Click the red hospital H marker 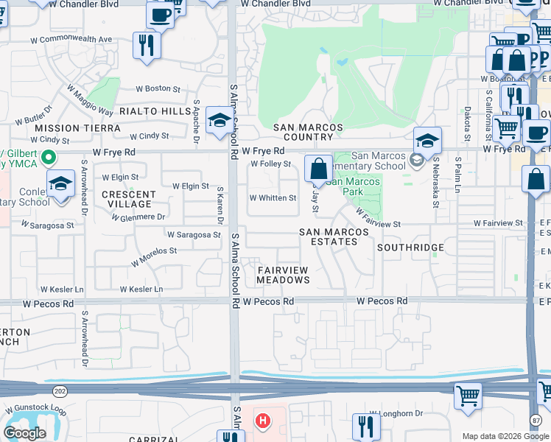tap(262, 421)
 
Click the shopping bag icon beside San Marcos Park tap(318, 169)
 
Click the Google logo tap(24, 432)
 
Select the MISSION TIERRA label tap(77, 128)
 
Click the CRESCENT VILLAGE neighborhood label tap(128, 199)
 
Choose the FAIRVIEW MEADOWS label tap(284, 276)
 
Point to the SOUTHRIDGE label tap(410, 248)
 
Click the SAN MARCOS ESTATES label tap(334, 236)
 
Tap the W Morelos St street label tap(154, 256)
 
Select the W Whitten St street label tap(273, 197)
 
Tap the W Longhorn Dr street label tap(396, 413)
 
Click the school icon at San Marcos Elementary tap(427, 140)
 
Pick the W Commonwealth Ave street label tap(71, 39)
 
